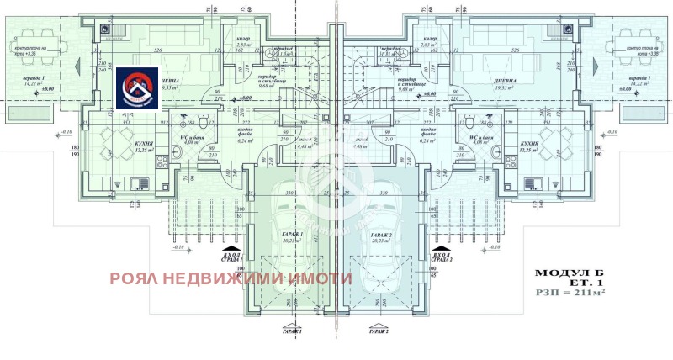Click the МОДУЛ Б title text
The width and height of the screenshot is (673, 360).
click(570, 273)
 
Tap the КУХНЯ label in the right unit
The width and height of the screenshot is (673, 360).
click(529, 145)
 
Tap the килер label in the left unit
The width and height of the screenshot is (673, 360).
click(244, 40)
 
